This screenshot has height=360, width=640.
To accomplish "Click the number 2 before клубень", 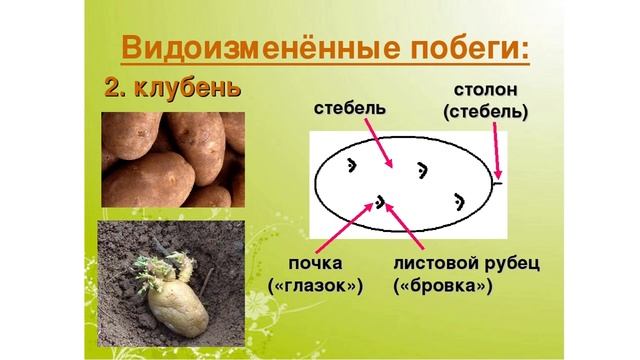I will pos(113,88).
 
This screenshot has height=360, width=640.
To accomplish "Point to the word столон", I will pos(486,90).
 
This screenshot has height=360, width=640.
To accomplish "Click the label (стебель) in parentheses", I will pos(486,111).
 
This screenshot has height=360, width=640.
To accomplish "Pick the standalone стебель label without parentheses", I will pos(349,107).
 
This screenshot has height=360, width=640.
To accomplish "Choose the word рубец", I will pos(512,263).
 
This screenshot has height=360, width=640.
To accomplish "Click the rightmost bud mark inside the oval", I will pos(459,201).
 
